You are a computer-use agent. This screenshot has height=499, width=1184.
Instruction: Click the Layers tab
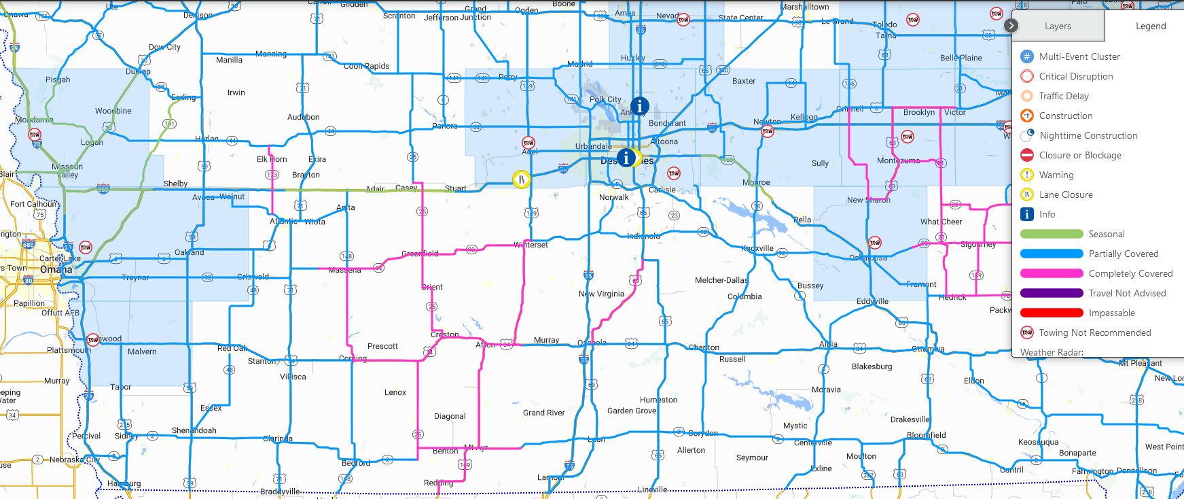click(1057, 27)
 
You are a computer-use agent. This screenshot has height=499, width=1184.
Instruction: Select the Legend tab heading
click(1150, 27)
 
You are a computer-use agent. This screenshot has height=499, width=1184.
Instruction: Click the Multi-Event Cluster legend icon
click(1027, 56)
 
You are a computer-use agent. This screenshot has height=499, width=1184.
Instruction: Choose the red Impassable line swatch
click(1051, 313)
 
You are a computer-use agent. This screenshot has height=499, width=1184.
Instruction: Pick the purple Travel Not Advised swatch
click(1051, 293)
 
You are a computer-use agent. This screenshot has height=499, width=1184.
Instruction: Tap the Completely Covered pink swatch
click(1051, 273)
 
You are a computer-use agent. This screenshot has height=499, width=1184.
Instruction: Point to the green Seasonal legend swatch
click(1051, 234)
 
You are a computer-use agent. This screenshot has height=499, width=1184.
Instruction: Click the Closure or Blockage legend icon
click(1027, 155)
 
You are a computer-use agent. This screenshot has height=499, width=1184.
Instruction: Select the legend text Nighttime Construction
click(1088, 135)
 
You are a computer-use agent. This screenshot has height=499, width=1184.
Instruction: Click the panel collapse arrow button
click(1011, 26)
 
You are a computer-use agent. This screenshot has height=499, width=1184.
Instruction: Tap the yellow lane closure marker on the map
click(521, 179)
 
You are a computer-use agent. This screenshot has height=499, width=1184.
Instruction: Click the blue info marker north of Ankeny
click(639, 106)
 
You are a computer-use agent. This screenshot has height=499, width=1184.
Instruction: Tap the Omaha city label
click(56, 269)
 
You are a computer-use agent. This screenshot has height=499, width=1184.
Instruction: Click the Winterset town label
click(531, 245)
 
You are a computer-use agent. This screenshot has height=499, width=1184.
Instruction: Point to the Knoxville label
click(757, 248)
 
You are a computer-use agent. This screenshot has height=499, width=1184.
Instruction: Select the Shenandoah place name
click(194, 430)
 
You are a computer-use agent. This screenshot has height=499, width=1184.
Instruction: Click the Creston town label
click(445, 334)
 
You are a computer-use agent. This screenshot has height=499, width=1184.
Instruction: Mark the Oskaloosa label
click(868, 258)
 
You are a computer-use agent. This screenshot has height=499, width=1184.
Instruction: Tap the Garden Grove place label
click(632, 411)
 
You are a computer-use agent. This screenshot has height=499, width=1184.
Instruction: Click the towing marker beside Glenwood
click(93, 339)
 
